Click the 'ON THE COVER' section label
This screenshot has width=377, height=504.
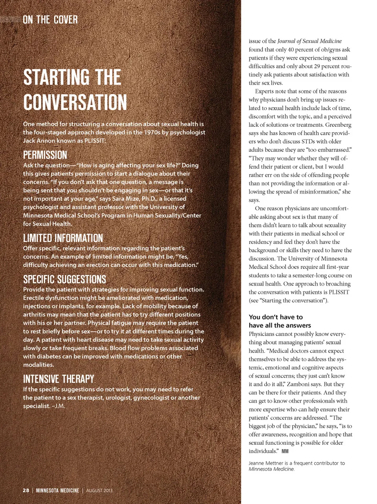pos(50,20)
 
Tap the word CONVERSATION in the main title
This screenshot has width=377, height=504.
pos(75,102)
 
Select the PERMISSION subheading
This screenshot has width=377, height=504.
pos(45,155)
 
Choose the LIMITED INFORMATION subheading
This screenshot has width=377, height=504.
pos(63,238)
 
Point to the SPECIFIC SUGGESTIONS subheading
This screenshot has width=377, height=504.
pos(64,279)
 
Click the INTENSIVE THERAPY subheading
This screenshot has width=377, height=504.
pos(59,379)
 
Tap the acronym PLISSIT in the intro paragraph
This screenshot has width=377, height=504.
pos(95,141)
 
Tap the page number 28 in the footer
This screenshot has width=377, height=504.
pos(26,490)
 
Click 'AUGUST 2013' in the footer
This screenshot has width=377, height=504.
pos(99,490)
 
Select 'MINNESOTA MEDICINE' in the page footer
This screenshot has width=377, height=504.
pos(57,490)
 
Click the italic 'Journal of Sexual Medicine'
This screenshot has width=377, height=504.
pos(309,41)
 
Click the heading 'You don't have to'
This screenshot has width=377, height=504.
pos(276,317)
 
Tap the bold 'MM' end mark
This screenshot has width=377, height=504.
pos(285,451)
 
